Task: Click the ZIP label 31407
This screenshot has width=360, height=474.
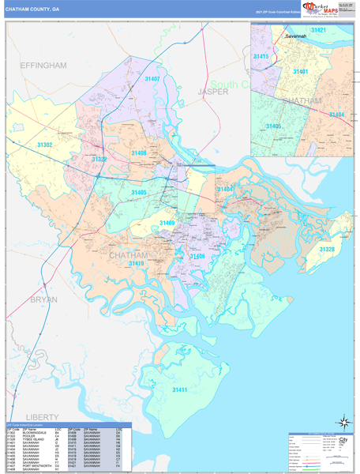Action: (152, 79)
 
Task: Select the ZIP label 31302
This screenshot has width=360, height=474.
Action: (45, 145)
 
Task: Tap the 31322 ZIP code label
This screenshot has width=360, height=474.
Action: (99, 159)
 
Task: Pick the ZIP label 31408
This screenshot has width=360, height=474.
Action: (139, 152)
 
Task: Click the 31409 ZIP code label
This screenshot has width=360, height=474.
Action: (167, 224)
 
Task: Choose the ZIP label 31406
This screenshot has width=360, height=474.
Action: (196, 256)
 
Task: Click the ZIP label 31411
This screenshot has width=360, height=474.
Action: (180, 390)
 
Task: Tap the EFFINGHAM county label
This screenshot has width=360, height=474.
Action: (43, 66)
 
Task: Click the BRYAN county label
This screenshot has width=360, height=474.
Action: (44, 300)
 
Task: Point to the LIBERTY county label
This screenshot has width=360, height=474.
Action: (43, 416)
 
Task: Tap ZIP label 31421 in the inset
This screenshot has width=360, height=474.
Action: (319, 30)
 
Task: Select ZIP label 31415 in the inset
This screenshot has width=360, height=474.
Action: (261, 57)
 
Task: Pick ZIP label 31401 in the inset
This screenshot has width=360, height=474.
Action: (300, 72)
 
